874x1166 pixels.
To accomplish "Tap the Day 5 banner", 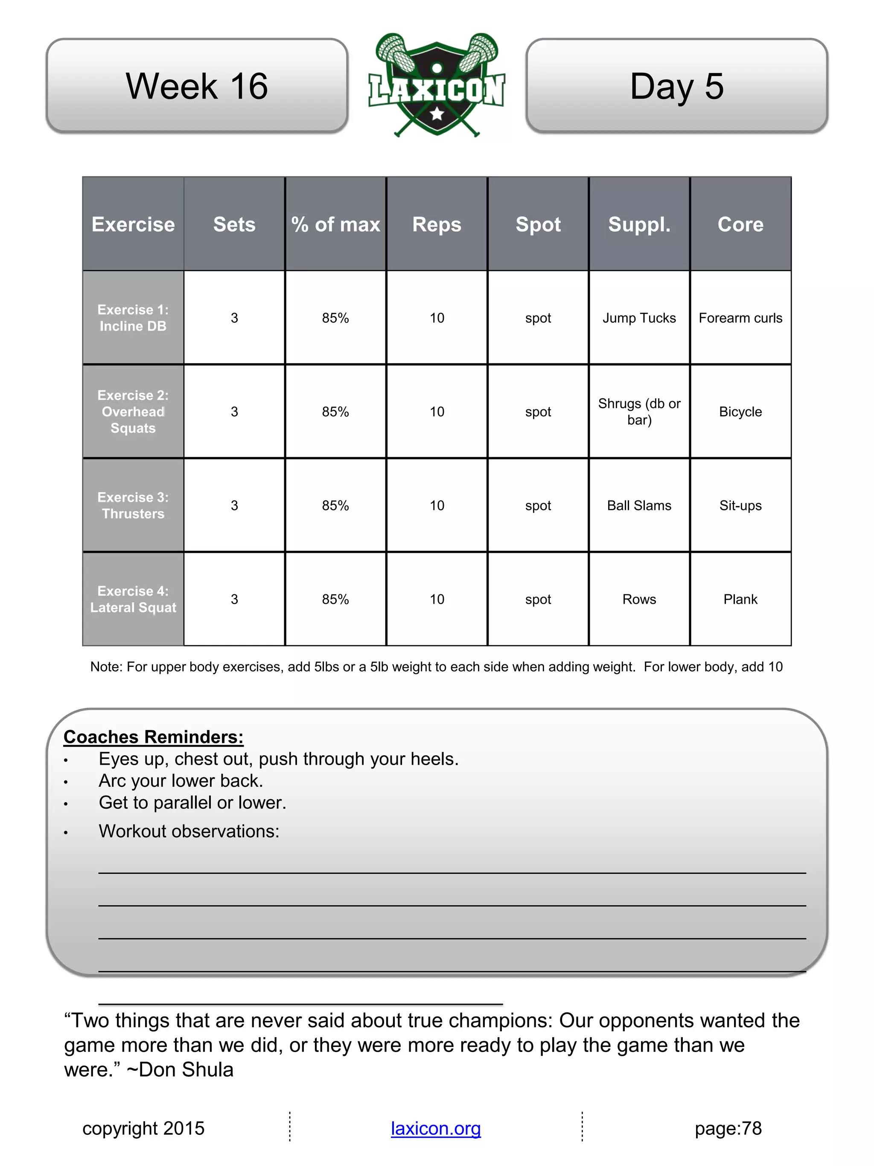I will [676, 86].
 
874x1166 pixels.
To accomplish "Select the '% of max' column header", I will [335, 225].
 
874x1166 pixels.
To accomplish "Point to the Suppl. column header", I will [639, 225].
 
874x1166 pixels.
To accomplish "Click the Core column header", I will [740, 225].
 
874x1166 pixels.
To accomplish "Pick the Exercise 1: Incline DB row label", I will [133, 318].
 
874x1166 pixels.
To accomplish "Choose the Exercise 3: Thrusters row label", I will [133, 506].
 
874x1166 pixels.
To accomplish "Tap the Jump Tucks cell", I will [639, 318].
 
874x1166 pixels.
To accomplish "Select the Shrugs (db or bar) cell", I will [639, 412].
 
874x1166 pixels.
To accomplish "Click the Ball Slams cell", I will [639, 506].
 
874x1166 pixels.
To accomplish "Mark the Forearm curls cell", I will [740, 318].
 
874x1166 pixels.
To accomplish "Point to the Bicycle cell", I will [740, 412].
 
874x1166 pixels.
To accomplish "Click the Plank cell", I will [740, 599].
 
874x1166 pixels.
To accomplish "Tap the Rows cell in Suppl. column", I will [639, 599].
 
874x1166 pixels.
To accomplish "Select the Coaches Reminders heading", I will [153, 737].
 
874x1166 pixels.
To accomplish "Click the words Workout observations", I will [189, 831].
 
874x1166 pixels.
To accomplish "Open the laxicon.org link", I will [436, 1128].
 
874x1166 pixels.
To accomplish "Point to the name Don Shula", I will [186, 1070].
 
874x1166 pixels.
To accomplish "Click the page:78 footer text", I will [728, 1128].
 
